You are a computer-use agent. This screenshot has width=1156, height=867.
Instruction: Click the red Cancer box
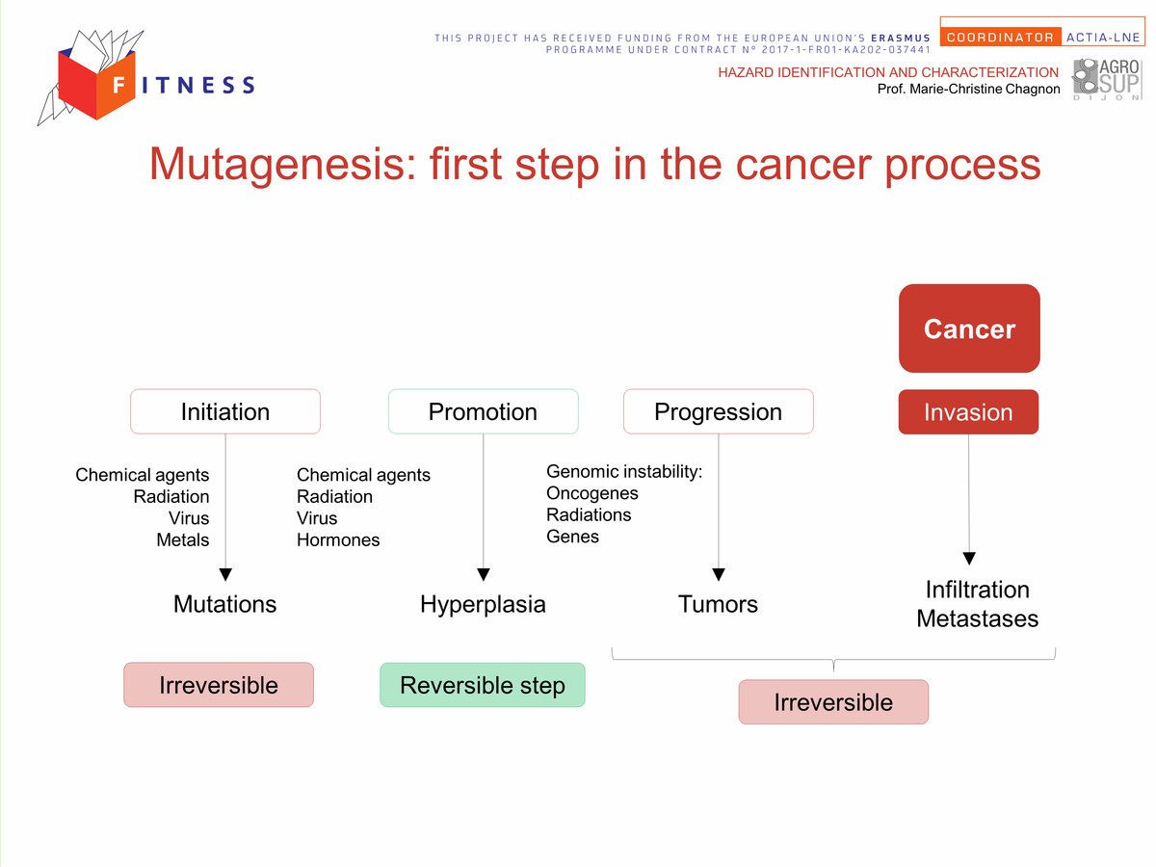click(969, 328)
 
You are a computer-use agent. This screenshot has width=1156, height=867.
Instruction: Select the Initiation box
click(225, 411)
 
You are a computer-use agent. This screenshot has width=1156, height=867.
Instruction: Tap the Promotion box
click(483, 411)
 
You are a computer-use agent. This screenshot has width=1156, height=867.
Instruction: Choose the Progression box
click(719, 411)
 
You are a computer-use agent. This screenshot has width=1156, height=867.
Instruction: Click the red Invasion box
click(968, 412)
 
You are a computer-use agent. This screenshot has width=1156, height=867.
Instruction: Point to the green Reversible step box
click(483, 685)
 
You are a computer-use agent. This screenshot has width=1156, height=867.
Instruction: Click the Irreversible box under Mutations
click(219, 685)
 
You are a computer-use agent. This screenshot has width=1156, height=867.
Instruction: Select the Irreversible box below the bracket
click(833, 702)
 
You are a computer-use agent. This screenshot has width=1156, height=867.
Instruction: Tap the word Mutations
click(224, 604)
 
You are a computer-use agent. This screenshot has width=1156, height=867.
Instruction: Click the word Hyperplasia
click(483, 605)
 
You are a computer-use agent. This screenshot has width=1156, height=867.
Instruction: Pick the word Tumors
click(718, 604)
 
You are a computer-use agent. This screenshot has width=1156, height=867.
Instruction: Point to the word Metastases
click(978, 619)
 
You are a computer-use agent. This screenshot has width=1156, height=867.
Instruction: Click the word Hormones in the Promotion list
click(338, 540)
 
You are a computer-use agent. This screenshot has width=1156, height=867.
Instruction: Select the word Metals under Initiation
click(183, 540)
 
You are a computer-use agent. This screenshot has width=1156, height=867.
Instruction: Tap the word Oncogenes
click(591, 494)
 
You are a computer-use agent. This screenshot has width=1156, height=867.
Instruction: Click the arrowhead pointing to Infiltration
click(969, 558)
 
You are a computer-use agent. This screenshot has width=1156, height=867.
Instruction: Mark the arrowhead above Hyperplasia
click(484, 574)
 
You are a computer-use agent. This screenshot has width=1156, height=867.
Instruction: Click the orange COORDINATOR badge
click(1001, 38)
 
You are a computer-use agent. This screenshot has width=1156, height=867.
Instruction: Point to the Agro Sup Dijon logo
click(1107, 80)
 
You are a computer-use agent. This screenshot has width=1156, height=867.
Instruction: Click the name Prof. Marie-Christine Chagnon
click(968, 89)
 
